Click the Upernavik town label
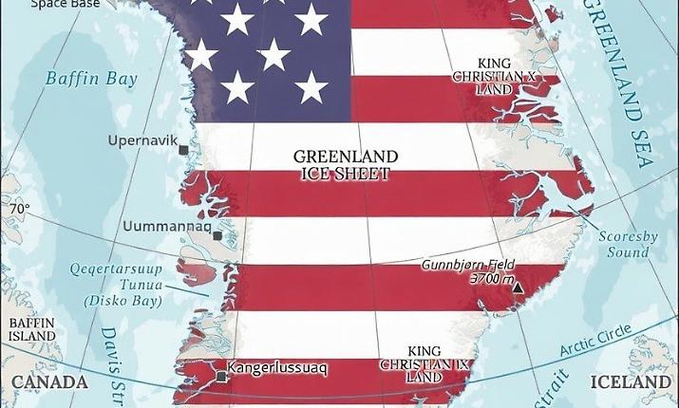coord(143,140)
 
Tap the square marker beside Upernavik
coord(183,149)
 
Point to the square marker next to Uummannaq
coord(217,236)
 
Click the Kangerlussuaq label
coord(277,368)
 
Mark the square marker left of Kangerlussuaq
coord(221,377)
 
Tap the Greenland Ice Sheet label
coord(346,165)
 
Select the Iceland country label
coord(631,382)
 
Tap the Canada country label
coord(49,382)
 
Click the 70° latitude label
coord(20,209)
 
